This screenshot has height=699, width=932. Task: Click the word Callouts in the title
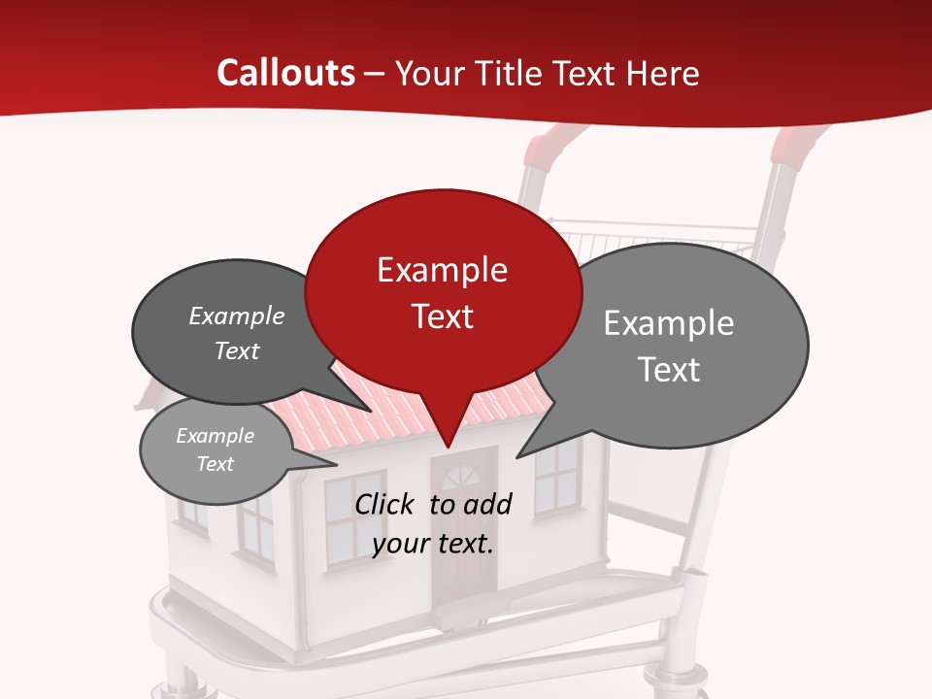(x=285, y=73)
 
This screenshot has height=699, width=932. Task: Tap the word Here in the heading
(x=664, y=74)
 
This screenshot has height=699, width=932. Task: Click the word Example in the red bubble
(x=442, y=270)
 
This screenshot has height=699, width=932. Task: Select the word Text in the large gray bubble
(x=669, y=370)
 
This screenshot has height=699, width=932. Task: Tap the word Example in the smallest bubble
(x=215, y=436)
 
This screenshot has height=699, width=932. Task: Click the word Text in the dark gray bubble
(x=237, y=351)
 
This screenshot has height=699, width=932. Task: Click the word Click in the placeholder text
(x=385, y=504)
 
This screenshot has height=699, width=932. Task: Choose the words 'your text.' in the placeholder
(x=433, y=544)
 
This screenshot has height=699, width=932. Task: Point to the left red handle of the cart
(x=543, y=148)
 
